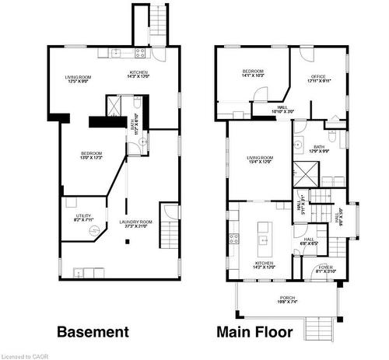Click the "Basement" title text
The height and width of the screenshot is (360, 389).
(x=93, y=332)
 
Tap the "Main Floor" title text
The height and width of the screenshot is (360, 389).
(x=254, y=332)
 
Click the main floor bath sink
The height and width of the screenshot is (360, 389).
(x=298, y=144)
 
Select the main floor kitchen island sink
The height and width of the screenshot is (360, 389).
(x=264, y=239)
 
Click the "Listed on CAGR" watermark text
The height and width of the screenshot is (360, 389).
(x=23, y=355)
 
